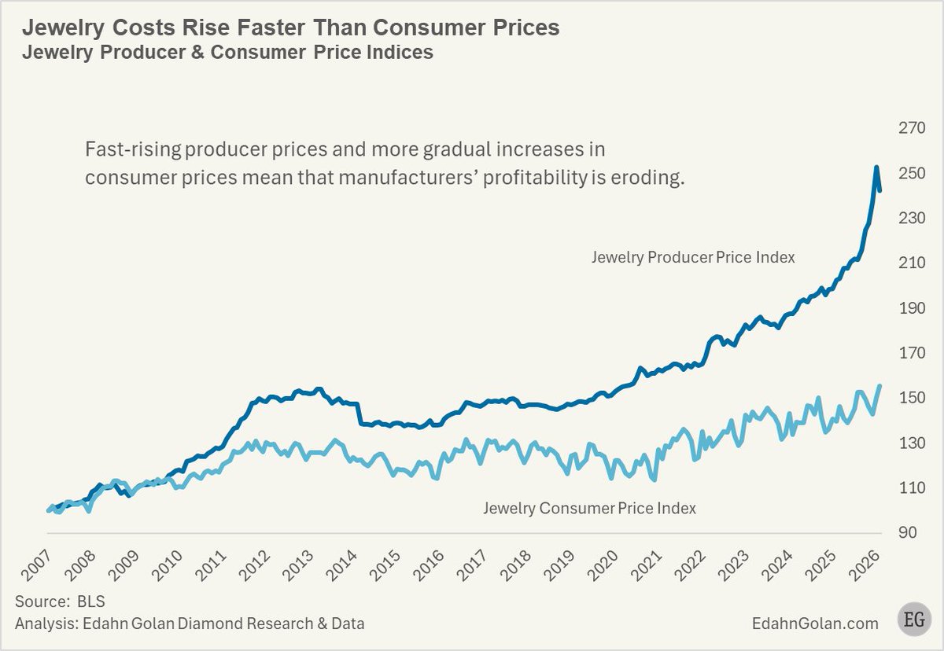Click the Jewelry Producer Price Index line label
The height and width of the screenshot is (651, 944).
coord(693,257)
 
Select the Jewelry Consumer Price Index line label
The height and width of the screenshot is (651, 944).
coord(589,508)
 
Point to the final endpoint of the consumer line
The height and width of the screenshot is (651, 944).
coord(879,385)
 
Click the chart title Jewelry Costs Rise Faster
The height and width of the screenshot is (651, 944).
coord(290,28)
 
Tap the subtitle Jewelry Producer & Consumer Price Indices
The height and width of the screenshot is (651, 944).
coord(227,53)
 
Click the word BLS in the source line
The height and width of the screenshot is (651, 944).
coord(91,602)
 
